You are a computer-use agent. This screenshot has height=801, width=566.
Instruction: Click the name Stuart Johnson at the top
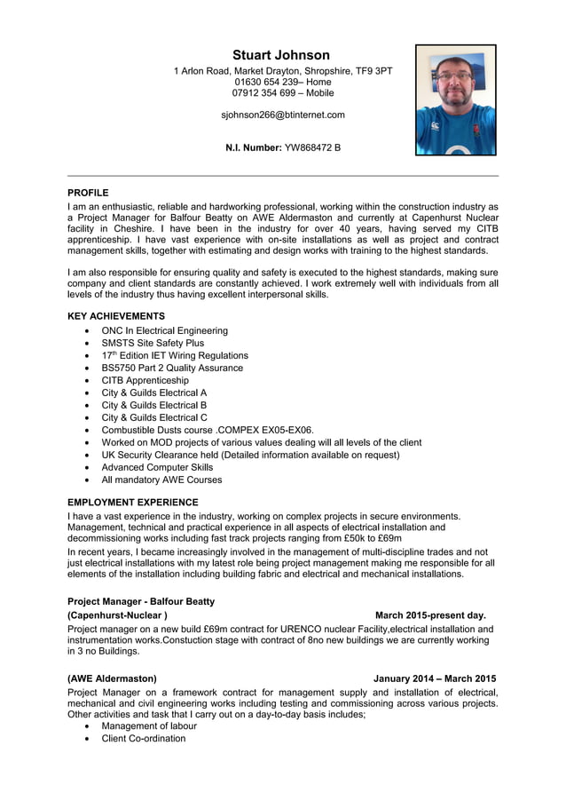point(281,55)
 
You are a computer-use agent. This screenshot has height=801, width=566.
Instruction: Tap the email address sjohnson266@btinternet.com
point(282,115)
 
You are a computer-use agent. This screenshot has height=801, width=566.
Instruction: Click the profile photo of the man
point(455,100)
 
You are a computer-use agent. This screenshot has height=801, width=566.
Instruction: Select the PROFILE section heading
point(88,193)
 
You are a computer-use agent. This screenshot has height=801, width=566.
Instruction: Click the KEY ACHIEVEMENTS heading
point(116,316)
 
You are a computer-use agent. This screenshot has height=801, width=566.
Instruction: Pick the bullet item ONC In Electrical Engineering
point(164,330)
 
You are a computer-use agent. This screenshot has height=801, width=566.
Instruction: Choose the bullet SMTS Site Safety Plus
point(153,343)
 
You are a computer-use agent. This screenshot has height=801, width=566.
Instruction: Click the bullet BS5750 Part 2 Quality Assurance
point(172,368)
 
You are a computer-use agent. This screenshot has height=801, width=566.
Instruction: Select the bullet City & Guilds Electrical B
point(154,405)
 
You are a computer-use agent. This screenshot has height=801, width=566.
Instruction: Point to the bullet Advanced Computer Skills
point(157,467)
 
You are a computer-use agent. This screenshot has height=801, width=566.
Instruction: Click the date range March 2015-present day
point(430,615)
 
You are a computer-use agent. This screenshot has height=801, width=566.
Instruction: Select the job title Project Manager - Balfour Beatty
point(141,601)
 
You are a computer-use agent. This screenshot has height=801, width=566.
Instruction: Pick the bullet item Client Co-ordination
point(144,738)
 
